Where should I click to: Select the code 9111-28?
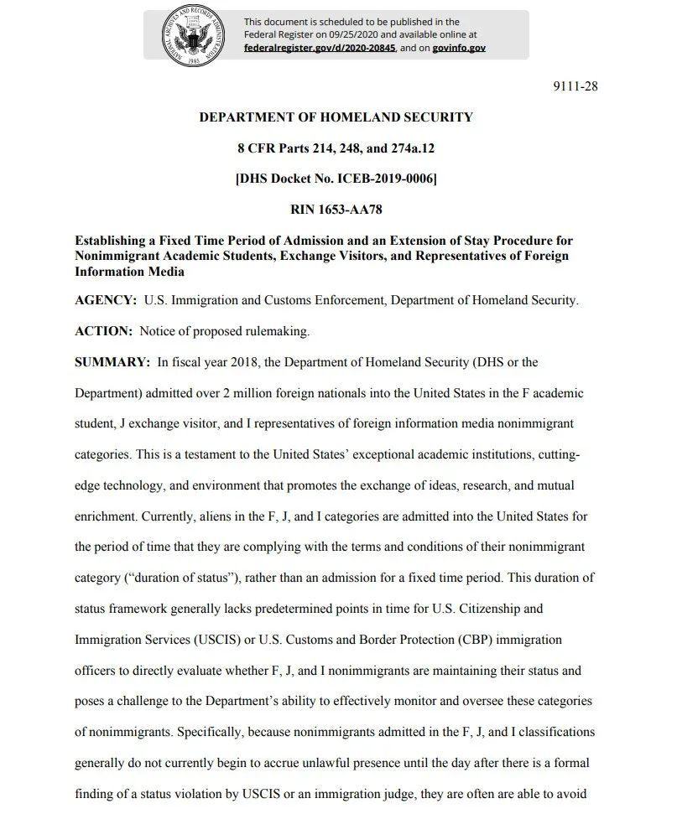point(576,86)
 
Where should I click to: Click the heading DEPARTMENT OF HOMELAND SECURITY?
point(336,117)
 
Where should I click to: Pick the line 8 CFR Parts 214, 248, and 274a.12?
point(336,148)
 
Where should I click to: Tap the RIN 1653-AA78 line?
point(336,209)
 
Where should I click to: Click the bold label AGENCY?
point(106,300)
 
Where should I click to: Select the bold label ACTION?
point(104,331)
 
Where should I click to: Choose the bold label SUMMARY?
point(112,362)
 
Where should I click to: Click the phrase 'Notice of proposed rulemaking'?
point(225,331)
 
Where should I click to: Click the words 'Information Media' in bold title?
point(129,272)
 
